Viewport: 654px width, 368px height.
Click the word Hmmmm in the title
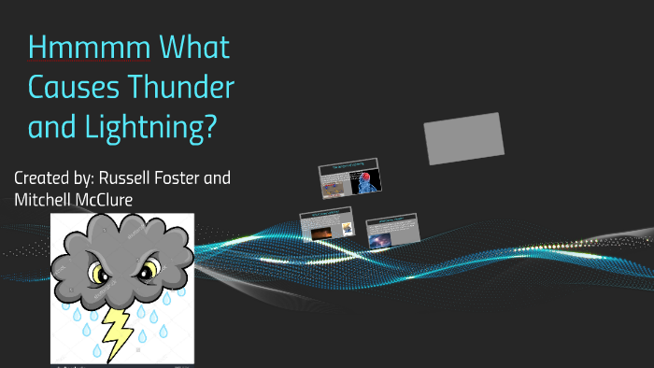point(77,48)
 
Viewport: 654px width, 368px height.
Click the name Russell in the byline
point(129,177)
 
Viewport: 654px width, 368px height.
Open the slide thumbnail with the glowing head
point(348,179)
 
